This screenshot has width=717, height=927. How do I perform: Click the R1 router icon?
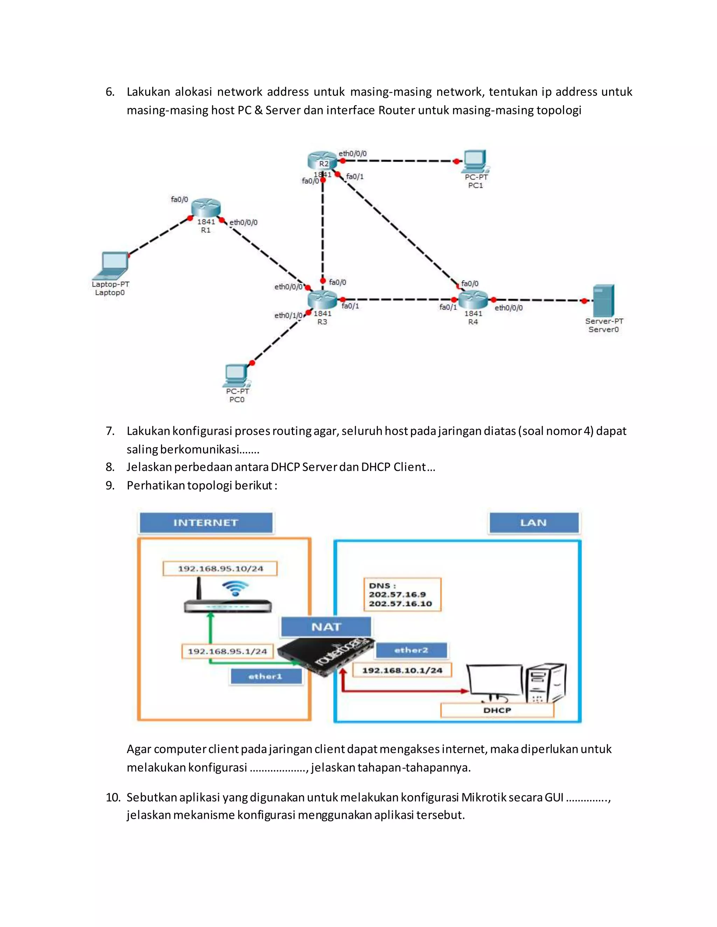coord(206,208)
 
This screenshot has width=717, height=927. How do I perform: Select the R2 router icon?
coord(322,161)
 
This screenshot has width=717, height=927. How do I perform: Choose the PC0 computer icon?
coord(236,375)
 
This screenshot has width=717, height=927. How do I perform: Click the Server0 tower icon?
coord(603,300)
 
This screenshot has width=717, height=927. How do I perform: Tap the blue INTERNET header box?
coord(206,523)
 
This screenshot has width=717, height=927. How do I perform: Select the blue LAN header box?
coord(534,523)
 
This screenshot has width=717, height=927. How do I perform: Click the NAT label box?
coord(326,627)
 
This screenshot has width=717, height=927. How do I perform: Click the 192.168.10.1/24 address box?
coord(402,671)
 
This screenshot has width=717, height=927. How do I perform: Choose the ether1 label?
coord(265,677)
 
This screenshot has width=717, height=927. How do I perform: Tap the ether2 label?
coord(411,650)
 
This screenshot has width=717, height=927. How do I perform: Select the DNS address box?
coord(402,595)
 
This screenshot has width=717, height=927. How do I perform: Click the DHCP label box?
coord(497,710)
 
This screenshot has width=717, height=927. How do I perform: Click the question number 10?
coord(113,798)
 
